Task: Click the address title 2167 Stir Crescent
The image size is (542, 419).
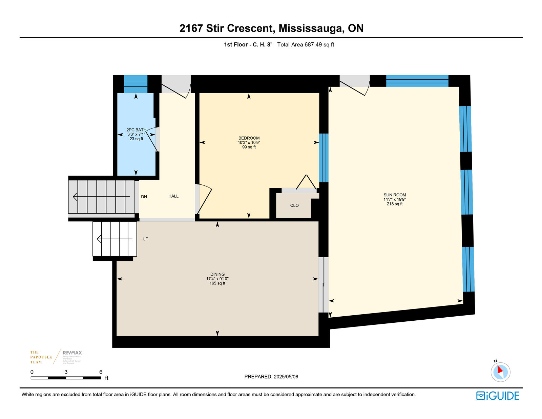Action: coord(271,28)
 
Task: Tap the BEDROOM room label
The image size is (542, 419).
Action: coord(249,138)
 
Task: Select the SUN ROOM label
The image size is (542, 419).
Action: coord(395,195)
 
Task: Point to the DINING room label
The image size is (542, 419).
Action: coord(217,274)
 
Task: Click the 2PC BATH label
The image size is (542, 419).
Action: coord(136,130)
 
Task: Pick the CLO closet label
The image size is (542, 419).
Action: coord(294,205)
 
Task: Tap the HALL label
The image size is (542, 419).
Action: coord(173,196)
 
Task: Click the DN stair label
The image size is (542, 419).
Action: coord(144,197)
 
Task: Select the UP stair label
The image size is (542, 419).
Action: coord(145,239)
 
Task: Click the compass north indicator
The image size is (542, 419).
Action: coord(500,372)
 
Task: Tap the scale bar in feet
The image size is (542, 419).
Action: coord(66,378)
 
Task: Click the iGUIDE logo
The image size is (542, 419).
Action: coord(497,396)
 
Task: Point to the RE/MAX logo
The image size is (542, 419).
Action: coord(72,353)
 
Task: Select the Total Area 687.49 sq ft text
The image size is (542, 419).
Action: coord(306,44)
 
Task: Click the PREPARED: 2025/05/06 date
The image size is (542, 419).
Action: coord(271,377)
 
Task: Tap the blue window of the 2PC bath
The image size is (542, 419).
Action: coord(135,84)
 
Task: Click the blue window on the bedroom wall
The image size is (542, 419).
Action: coord(324,158)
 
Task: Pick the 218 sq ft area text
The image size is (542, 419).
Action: coord(395,204)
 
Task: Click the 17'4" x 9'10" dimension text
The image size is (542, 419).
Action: coord(217,279)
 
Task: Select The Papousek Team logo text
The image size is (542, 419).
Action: coord(41,357)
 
